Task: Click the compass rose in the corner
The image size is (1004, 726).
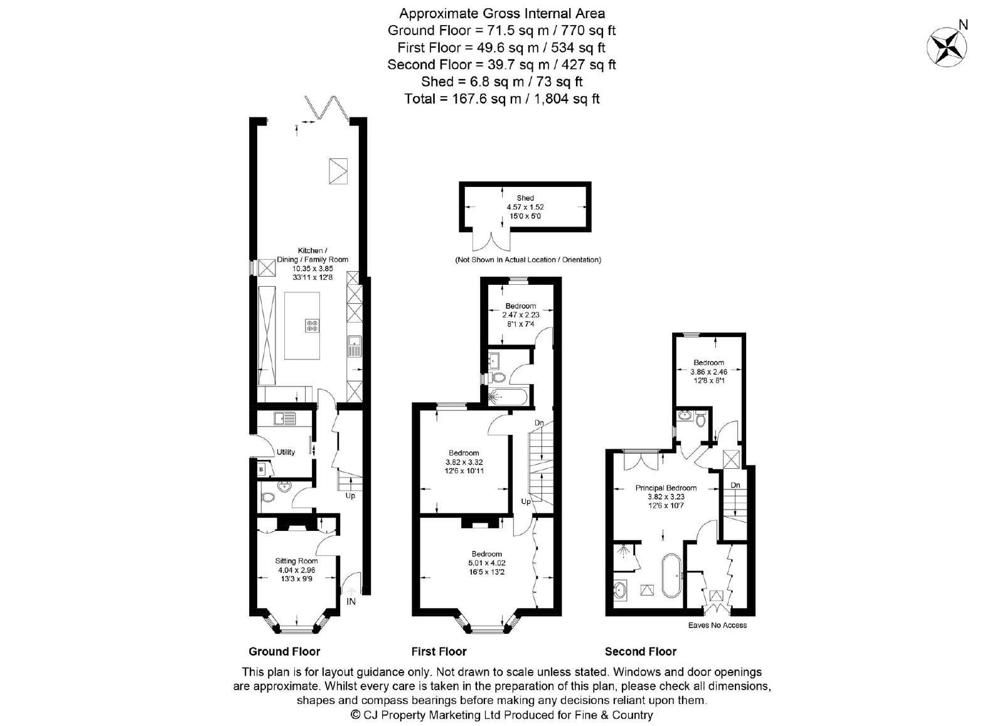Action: point(946,47)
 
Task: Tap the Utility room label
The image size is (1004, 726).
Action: point(286,452)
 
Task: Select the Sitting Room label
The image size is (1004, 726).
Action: point(296,560)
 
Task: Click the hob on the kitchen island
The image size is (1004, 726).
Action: point(312,326)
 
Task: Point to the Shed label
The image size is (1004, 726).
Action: point(525,198)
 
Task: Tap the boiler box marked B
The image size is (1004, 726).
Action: point(261,469)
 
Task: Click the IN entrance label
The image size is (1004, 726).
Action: point(351,601)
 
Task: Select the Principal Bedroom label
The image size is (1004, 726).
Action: point(666,488)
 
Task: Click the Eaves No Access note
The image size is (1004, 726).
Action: point(718,625)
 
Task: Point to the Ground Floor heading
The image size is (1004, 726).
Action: point(284,651)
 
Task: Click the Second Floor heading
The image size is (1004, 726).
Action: point(641,651)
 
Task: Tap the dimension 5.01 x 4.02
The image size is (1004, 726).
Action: point(487,563)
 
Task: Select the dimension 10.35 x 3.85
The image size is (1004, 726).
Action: point(312,269)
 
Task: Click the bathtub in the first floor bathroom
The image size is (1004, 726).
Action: point(508,397)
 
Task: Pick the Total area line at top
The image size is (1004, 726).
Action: point(501,99)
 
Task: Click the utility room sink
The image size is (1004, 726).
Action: point(285,419)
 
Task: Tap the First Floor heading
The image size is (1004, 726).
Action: point(439,651)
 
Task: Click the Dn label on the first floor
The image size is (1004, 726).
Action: point(539,422)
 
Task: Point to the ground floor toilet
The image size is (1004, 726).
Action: point(267,497)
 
